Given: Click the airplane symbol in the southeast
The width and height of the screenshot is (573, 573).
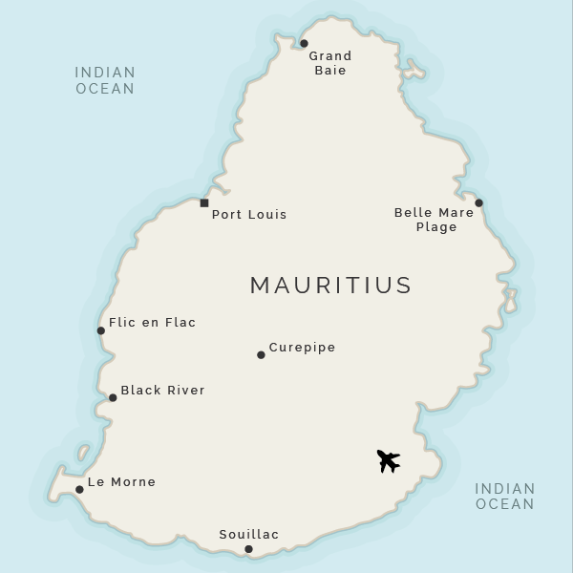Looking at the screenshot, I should tap(388, 461).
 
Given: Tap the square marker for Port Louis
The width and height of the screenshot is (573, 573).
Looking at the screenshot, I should tap(204, 202).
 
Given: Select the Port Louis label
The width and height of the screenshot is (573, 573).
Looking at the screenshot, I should tap(248, 215).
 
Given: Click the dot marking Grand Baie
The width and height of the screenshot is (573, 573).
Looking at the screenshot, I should tap(304, 43).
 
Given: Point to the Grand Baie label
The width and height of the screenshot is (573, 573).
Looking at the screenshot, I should tap(329, 63).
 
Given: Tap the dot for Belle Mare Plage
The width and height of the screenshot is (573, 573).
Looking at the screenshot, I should tap(478, 202).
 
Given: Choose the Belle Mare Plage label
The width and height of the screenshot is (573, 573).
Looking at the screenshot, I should tap(434, 220).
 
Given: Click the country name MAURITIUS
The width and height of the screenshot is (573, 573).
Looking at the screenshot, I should tap(330, 285).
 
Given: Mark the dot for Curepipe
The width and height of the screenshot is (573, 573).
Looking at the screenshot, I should tap(261, 354).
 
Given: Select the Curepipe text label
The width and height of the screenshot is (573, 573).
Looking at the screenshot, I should tap(302, 348).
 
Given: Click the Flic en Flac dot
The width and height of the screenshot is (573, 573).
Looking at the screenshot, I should tap(100, 330).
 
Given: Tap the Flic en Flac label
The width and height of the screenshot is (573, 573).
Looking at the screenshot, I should tap(152, 323).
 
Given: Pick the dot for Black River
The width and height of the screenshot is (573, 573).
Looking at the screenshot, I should tap(113, 397).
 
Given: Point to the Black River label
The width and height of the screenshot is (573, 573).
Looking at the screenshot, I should tap(162, 391).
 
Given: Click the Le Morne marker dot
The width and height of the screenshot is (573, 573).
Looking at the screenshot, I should tap(79, 489).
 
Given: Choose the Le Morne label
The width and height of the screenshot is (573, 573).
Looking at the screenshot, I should tap(121, 482).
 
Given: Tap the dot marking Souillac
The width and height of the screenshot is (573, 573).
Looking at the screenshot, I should tap(248, 548).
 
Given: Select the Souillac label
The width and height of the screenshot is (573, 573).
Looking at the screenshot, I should tap(248, 535).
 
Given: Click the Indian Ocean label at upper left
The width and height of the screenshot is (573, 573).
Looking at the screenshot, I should tap(105, 80).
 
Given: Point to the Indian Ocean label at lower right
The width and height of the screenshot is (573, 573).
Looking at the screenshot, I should tap(505, 496).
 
